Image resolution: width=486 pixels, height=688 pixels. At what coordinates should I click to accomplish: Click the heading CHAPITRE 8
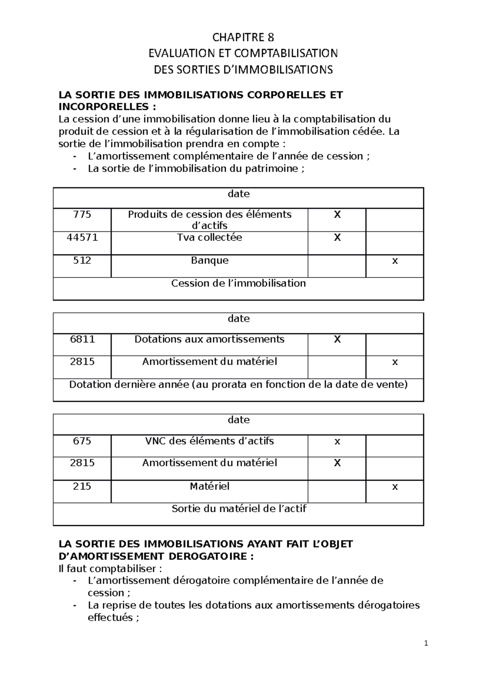(x=243, y=38)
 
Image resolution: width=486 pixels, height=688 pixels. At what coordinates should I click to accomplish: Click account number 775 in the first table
(x=82, y=214)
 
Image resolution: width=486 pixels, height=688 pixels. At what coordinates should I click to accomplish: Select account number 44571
(x=82, y=237)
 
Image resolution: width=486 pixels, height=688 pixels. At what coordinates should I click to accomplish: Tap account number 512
(x=82, y=261)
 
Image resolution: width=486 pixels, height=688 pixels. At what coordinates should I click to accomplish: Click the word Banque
(x=209, y=261)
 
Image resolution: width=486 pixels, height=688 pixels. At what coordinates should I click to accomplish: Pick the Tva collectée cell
(x=209, y=237)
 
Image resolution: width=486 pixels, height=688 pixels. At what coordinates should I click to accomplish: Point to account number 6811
(x=82, y=339)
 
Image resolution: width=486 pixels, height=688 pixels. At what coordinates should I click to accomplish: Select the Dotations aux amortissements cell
(x=209, y=339)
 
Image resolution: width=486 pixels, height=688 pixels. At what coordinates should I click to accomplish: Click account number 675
(x=82, y=441)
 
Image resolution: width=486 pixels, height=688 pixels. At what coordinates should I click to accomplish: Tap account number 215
(x=82, y=486)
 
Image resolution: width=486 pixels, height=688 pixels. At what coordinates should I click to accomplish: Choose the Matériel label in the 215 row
(x=209, y=486)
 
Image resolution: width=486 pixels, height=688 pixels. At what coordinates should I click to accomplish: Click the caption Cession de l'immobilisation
(x=238, y=283)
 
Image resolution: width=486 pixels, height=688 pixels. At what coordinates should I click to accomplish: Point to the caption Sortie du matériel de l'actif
(x=239, y=509)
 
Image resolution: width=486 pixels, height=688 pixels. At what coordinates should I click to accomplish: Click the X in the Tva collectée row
(x=337, y=237)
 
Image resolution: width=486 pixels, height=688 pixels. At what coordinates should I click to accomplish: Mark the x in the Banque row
(x=395, y=261)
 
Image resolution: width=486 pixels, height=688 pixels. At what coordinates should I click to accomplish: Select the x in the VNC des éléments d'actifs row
(x=337, y=442)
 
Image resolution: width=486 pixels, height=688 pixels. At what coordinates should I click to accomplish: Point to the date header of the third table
(x=239, y=420)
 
